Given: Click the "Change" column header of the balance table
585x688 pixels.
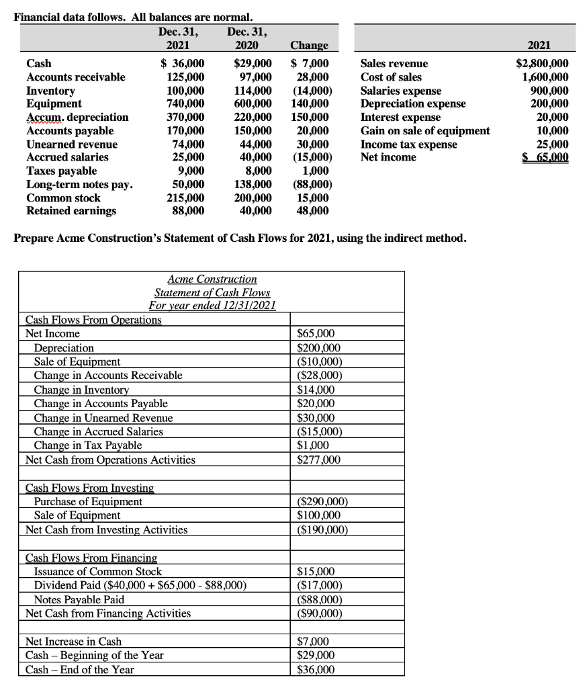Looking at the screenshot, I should [x=309, y=46].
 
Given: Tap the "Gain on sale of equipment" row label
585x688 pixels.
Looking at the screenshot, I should [x=425, y=130].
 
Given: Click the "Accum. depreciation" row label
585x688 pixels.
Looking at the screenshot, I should [x=77, y=117].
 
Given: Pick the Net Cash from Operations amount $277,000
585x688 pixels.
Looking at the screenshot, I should [x=319, y=460].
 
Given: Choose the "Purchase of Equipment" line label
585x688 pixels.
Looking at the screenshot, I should [x=88, y=501].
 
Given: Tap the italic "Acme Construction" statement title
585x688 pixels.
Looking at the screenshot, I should [x=212, y=279].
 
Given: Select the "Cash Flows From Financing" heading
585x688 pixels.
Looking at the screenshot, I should [x=91, y=558].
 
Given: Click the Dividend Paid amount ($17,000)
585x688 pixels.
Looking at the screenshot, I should [x=320, y=585].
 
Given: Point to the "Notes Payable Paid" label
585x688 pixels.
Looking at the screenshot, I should [x=79, y=599].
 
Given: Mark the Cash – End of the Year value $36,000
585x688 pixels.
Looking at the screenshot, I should [x=316, y=669].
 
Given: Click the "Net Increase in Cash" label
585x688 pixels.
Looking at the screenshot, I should [x=73, y=642].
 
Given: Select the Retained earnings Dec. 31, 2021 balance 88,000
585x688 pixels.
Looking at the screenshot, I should [x=189, y=211].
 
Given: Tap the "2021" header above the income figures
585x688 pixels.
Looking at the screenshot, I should [x=538, y=45].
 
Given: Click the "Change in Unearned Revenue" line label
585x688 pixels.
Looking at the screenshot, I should [x=103, y=418].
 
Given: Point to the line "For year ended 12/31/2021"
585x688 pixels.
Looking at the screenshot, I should [x=212, y=306].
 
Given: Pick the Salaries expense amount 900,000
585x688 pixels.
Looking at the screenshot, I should [x=549, y=91].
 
